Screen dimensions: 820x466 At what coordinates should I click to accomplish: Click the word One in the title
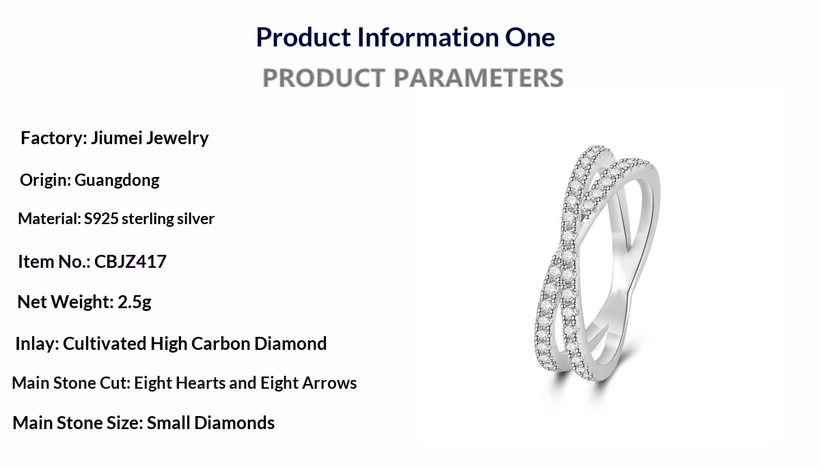pos(530,38)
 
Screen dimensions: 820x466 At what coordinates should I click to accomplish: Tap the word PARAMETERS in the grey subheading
pos(479,78)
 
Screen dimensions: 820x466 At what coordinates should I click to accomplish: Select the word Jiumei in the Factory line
pos(116,138)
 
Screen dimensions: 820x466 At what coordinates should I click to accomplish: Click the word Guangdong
pos(117,180)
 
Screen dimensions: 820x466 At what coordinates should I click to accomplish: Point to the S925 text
pos(101,219)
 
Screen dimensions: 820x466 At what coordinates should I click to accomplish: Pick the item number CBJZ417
pos(131,262)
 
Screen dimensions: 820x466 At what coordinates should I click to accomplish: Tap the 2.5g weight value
pos(135,303)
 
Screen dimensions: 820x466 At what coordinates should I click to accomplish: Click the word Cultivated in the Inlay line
pos(105,344)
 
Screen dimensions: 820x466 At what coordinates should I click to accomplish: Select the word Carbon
pos(221,344)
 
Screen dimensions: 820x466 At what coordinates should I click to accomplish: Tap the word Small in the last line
pos(169,423)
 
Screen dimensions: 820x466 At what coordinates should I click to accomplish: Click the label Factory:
pos(54,139)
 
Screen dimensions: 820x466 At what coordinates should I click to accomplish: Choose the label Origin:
pos(45,180)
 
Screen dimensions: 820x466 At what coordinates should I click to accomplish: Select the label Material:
pos(49,219)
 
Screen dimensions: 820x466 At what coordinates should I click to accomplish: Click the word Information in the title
pos(428,38)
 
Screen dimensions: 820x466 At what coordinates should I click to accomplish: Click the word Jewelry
pos(177,139)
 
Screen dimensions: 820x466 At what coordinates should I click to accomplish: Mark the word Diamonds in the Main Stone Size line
pos(234,423)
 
